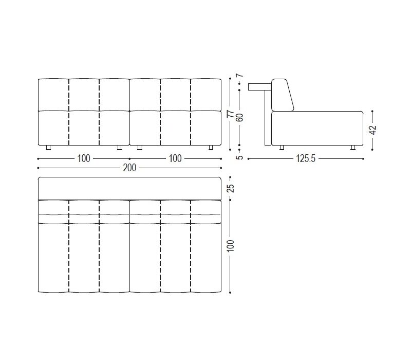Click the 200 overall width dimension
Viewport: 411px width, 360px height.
[130, 168]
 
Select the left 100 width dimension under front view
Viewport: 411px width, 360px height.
[84, 159]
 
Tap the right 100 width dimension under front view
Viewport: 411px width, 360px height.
[175, 159]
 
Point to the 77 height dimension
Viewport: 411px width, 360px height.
[230, 114]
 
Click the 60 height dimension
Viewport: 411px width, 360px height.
[239, 117]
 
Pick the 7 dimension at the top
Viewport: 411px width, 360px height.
[239, 76]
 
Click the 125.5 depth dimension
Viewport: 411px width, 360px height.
[306, 159]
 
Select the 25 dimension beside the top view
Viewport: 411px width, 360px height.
[230, 188]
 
